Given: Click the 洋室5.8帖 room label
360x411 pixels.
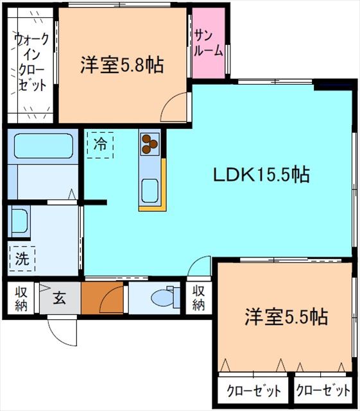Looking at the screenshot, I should tap(121, 65).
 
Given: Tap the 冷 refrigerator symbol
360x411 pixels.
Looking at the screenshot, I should tap(100, 144).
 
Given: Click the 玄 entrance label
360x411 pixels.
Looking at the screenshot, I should tap(59, 298).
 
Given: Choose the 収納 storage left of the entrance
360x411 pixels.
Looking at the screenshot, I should tap(21, 299).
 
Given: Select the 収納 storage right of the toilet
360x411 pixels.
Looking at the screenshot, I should tap(198, 298).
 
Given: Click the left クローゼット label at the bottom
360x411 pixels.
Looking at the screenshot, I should tap(254, 390).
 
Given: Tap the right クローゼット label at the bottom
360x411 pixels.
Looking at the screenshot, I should tap(323, 390).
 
